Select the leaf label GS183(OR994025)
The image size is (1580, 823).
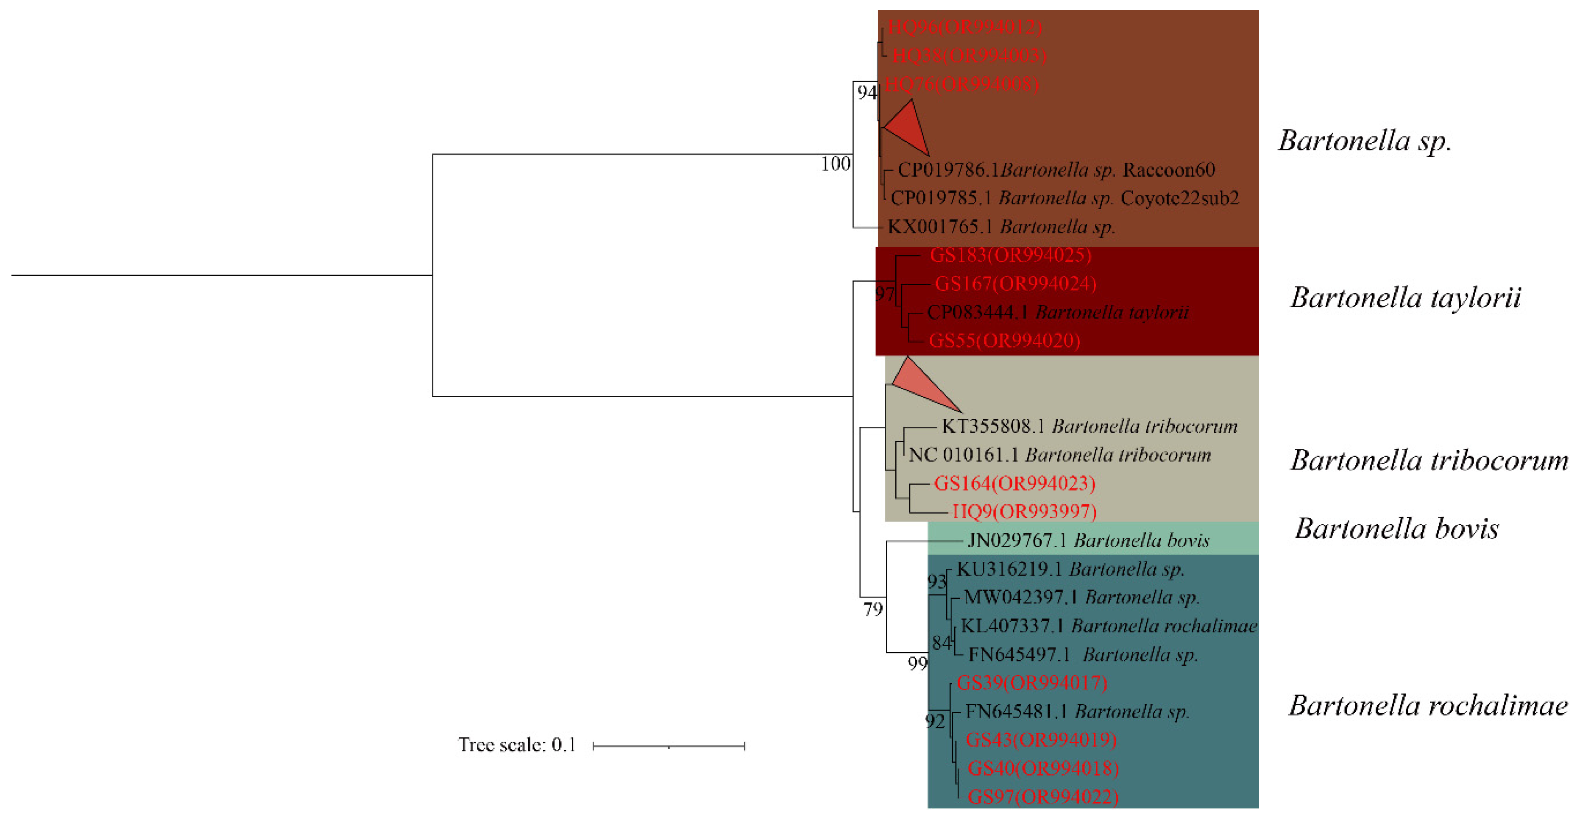click(x=1010, y=255)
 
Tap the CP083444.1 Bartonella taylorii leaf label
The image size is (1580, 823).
click(x=1057, y=312)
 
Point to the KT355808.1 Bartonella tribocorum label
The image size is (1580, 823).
click(x=1090, y=426)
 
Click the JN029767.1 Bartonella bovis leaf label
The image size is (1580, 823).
click(x=1088, y=540)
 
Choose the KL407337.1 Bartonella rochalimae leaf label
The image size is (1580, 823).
click(x=1108, y=626)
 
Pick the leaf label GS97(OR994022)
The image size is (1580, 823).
click(x=1043, y=797)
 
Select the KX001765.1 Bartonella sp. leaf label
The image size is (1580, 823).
click(x=1001, y=227)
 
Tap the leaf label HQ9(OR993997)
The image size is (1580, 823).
click(x=1024, y=512)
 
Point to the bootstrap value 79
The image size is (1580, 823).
click(x=873, y=609)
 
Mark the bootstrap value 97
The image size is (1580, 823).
click(x=884, y=295)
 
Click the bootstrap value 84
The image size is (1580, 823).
click(x=942, y=643)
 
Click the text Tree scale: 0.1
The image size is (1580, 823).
click(x=516, y=745)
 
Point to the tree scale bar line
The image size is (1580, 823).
click(x=669, y=746)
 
